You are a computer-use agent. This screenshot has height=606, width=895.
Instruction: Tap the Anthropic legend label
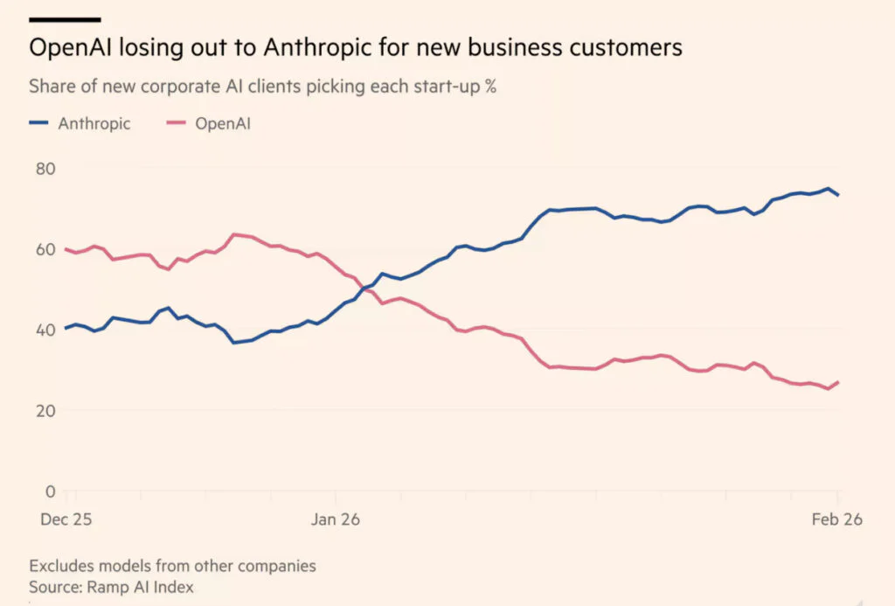[x=94, y=123]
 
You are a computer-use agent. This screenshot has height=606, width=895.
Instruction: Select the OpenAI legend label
[x=223, y=123]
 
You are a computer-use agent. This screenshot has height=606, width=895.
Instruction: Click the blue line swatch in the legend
[x=39, y=123]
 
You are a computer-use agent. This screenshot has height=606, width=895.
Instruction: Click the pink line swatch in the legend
[x=176, y=123]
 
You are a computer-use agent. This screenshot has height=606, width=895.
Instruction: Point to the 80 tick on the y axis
[x=44, y=168]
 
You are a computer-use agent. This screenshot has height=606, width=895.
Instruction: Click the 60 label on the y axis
[x=44, y=249]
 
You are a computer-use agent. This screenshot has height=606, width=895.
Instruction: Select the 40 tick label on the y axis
[x=44, y=330]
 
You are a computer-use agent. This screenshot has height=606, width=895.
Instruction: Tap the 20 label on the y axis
[x=44, y=410]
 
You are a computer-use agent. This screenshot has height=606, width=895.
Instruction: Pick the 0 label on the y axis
[x=49, y=491]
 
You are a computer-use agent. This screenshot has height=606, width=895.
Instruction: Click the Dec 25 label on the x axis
[x=66, y=519]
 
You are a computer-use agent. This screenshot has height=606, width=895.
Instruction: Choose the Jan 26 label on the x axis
[x=336, y=519]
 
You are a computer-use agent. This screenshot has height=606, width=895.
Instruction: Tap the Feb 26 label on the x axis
[x=837, y=519]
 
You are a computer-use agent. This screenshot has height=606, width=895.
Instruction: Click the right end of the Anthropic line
[x=838, y=194]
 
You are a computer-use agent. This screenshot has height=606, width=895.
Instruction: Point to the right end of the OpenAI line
[x=838, y=382]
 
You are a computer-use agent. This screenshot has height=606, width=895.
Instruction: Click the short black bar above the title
[x=66, y=18]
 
